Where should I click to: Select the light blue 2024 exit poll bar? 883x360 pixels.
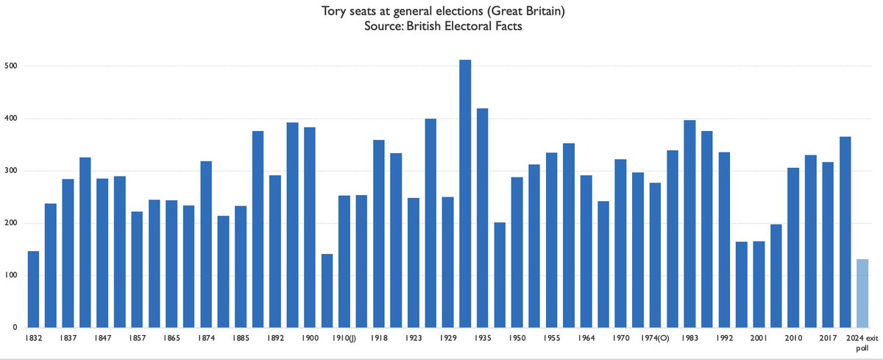862,294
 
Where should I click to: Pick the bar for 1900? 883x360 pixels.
310,227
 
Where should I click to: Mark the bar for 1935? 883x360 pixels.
482,218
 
